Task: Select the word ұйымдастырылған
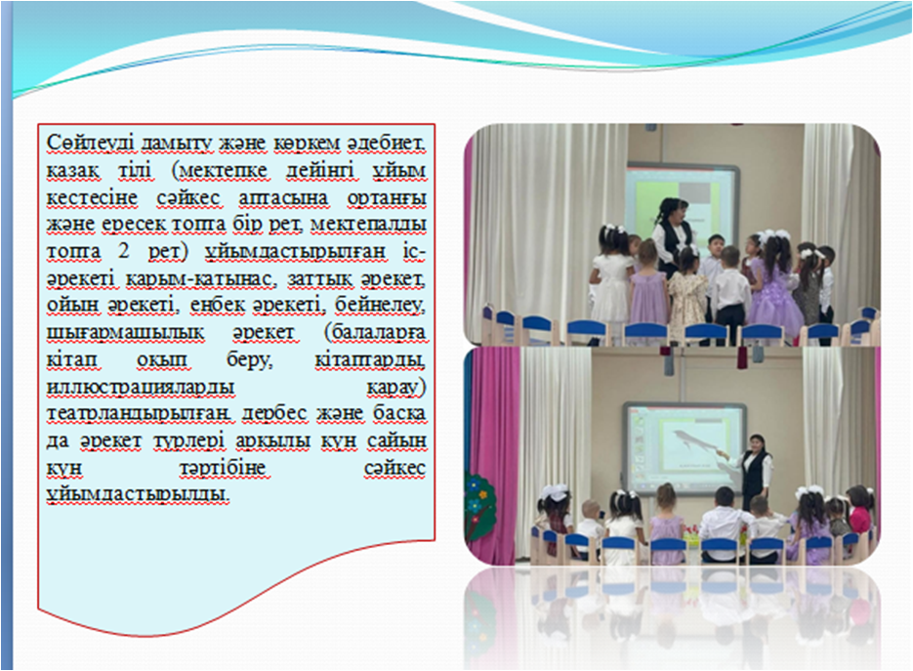(295, 252)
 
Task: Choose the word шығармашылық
(125, 333)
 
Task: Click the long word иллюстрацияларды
(141, 388)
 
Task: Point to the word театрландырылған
(139, 414)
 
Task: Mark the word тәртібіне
(223, 468)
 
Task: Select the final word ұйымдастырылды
(138, 494)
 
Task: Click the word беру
(249, 360)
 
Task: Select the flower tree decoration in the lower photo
(480, 506)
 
